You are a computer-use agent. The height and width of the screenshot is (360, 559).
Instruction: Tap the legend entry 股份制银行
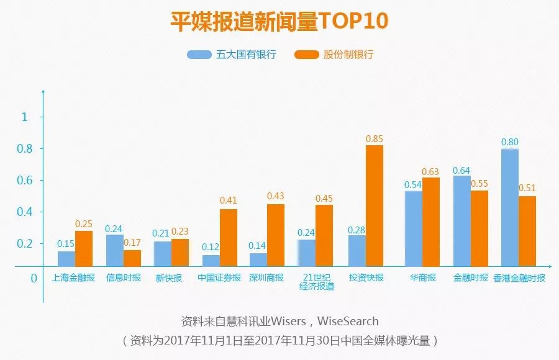tap(336, 55)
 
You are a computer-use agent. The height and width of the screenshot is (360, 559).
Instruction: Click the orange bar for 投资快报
tap(374, 205)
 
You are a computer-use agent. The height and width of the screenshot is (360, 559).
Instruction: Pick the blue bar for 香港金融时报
tap(510, 207)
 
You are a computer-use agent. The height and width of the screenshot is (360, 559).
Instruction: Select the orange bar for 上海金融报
tap(84, 248)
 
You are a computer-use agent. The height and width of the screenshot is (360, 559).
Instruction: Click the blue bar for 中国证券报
tap(211, 261)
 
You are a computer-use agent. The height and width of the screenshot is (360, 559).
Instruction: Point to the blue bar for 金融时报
tap(461, 221)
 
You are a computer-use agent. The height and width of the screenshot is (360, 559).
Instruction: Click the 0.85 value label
tap(375, 139)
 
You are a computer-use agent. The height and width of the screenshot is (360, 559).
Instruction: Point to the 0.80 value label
tap(510, 142)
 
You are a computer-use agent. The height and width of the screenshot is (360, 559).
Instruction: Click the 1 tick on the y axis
tap(24, 117)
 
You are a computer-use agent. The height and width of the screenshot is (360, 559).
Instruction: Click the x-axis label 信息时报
tap(123, 277)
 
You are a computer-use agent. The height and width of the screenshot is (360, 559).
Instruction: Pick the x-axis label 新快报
tap(169, 277)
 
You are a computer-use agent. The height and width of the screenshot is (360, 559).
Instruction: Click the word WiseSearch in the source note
tap(348, 322)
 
